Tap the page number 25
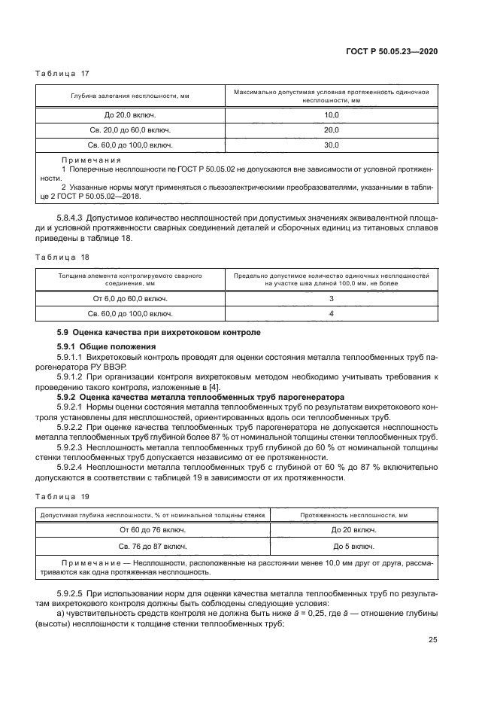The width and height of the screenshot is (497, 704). point(433,640)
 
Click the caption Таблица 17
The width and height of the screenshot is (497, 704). point(62,73)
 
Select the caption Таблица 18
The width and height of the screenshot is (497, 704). point(62,258)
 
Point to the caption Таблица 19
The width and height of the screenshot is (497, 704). point(62,496)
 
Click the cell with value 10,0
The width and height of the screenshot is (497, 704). point(332,114)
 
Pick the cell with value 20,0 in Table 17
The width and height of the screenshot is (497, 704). point(332,130)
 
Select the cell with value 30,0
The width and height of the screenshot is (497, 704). point(332,145)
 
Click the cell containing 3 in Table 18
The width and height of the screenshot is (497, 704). point(332,299)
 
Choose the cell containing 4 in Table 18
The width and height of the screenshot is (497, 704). point(332,314)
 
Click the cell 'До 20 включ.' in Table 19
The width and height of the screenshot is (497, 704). point(353,530)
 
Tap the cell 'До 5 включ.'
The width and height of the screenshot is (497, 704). point(353,545)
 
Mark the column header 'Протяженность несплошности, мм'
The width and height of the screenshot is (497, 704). point(353,515)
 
